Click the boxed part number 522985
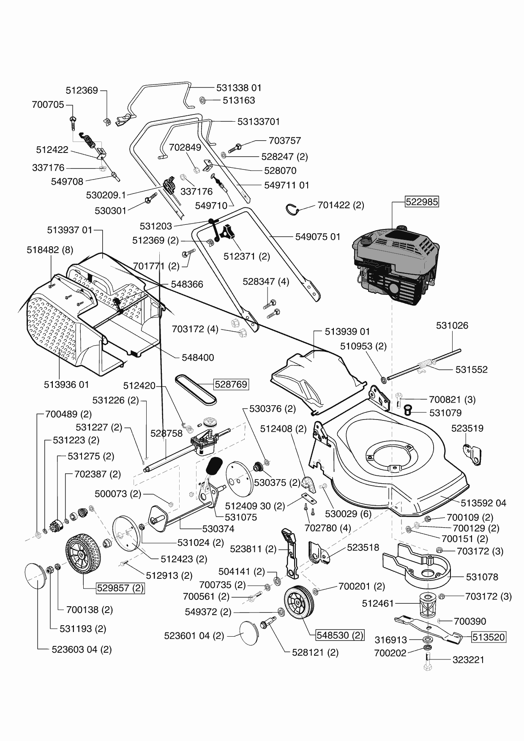pos(422,202)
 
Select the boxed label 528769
pos(231,384)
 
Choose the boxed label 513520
pos(489,637)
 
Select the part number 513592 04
pos(483,503)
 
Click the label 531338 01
pos(239,88)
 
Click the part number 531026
pos(452,325)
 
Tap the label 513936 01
pos(66,384)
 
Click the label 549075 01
pos(317,237)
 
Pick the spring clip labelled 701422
pos(292,208)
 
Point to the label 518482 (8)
pos(50,250)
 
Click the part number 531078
pos(482,577)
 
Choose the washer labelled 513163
pos(202,101)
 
